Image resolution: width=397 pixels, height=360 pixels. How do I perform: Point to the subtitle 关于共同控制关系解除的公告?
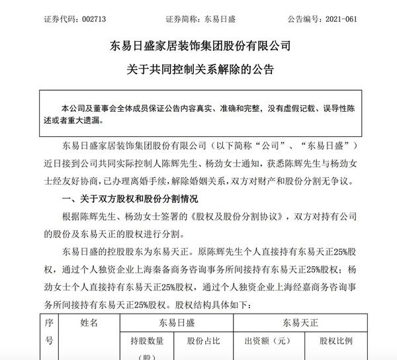198,68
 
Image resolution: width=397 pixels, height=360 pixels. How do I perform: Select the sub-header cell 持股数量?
147,343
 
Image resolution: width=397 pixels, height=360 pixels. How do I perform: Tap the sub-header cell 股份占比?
204,343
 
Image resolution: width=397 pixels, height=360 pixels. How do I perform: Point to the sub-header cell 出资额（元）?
267,343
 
